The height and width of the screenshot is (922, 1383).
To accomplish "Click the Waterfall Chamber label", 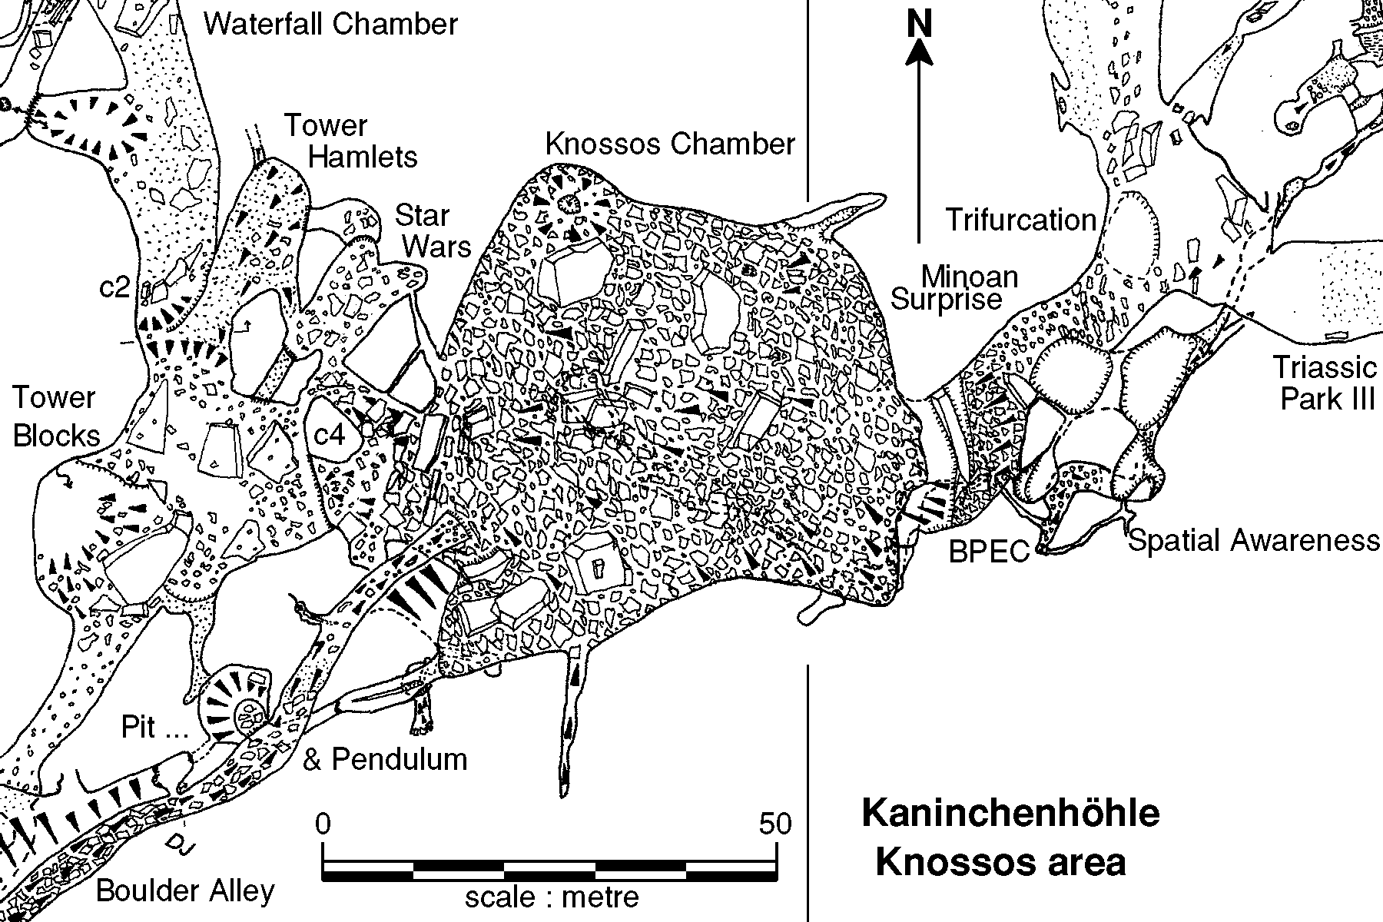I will click(x=330, y=25).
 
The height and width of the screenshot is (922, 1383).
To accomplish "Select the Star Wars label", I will click(x=433, y=230).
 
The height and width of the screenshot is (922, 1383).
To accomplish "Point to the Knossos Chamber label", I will click(x=670, y=144).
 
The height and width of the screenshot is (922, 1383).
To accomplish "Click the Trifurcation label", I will click(x=1020, y=221).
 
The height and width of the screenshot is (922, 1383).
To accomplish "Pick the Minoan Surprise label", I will click(x=957, y=287).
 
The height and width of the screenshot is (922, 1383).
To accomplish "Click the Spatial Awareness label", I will click(x=1252, y=541).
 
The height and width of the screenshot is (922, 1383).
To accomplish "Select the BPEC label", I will click(x=989, y=551).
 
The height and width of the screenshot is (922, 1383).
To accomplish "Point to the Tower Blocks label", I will click(x=55, y=416).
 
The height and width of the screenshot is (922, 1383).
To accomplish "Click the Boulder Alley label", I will click(x=185, y=891).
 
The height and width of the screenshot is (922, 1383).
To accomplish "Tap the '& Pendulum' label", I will click(x=385, y=759).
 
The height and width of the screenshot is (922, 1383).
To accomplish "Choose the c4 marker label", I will click(x=330, y=435).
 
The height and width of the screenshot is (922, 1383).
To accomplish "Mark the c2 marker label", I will click(x=115, y=287).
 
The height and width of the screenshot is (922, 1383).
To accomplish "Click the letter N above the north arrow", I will click(x=918, y=25).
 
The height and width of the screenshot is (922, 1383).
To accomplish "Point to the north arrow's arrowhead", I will click(x=919, y=54).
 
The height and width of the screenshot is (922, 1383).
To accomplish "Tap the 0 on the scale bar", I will click(x=323, y=824).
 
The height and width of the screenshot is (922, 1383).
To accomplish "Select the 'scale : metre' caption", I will click(x=552, y=897).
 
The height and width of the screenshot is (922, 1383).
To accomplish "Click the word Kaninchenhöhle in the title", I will click(x=1010, y=813).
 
